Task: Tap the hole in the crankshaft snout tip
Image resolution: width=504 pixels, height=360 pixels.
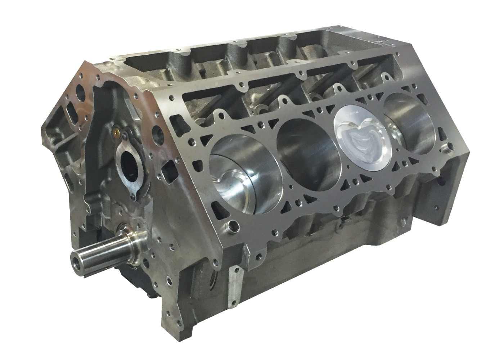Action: click(x=76, y=258)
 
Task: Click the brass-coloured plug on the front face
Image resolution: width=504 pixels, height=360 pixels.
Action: click(x=116, y=133)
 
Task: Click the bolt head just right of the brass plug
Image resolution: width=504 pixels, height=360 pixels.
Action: click(x=124, y=136)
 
